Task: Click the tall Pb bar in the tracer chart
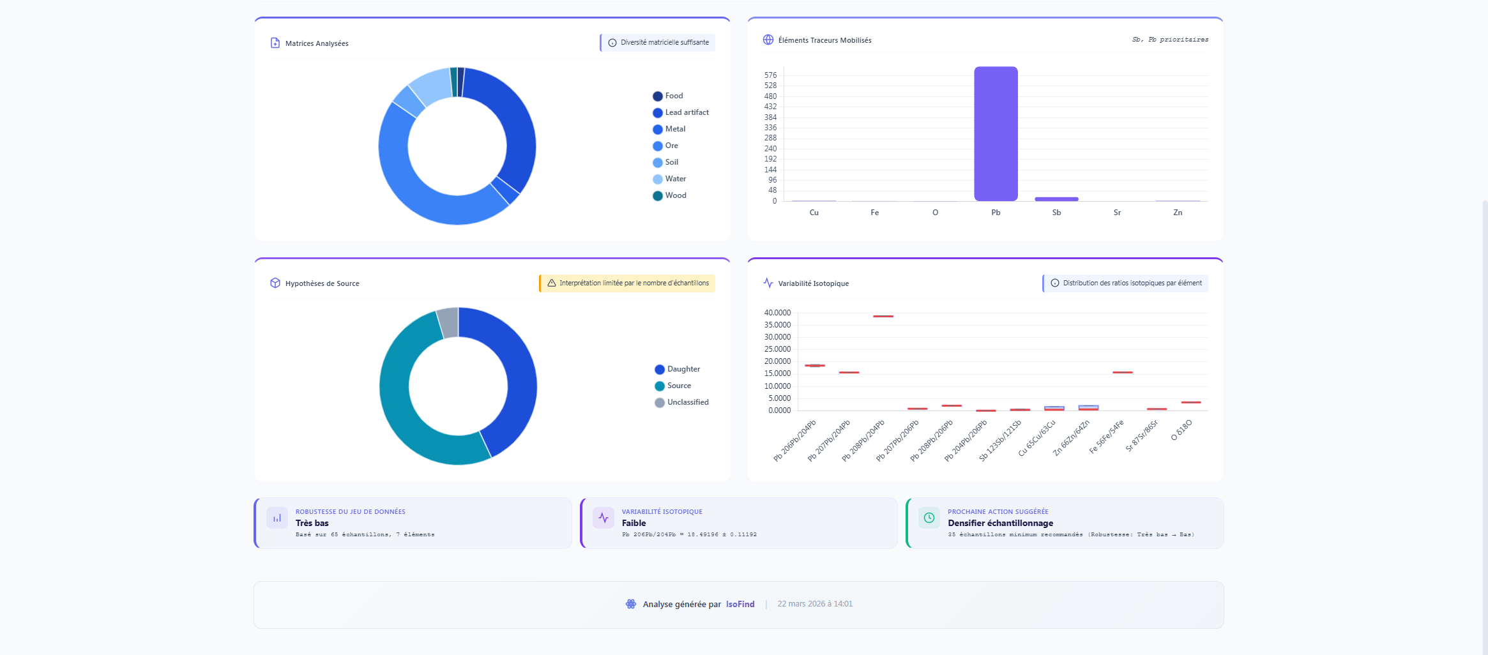coord(996,134)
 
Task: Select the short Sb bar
coord(1056,199)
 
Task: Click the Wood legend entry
coord(675,195)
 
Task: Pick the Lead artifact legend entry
coord(687,112)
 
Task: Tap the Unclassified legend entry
coord(687,402)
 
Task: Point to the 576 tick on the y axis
coord(770,75)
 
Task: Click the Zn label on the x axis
coord(1177,213)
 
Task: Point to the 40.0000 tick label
coord(777,313)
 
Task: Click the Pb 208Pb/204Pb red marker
coord(883,316)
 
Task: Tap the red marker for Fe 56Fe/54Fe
coord(1122,372)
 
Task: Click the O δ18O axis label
coord(1181,430)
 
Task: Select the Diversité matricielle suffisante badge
coord(658,43)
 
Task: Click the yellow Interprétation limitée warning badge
coord(628,283)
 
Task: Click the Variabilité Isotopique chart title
coord(813,283)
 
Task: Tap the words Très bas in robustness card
coord(312,523)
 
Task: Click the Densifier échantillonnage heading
coord(1000,523)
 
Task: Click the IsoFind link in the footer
coord(740,604)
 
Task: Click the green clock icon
coord(929,518)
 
